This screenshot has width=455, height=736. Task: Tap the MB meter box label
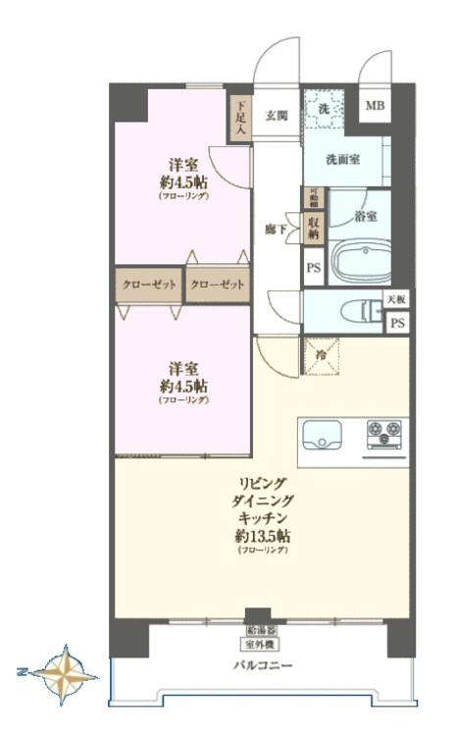(376, 105)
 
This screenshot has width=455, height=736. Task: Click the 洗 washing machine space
(323, 107)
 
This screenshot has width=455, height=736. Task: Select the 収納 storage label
(314, 228)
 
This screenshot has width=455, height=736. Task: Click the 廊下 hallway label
(276, 229)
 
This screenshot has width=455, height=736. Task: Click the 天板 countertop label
(395, 298)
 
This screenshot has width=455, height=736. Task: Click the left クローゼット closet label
(149, 285)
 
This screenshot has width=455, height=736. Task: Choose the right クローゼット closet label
(217, 285)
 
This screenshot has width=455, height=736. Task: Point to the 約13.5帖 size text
(262, 536)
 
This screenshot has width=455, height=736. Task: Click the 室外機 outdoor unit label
(259, 645)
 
